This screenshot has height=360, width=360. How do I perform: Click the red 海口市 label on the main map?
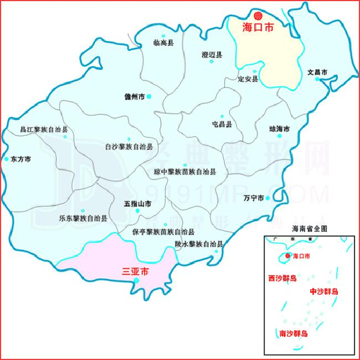pyautogui.click(x=259, y=27)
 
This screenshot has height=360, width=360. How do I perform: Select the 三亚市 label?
pyautogui.click(x=136, y=272)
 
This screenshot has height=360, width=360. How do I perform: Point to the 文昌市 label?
pyautogui.click(x=317, y=72)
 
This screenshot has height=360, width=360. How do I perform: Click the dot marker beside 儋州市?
pyautogui.click(x=149, y=96)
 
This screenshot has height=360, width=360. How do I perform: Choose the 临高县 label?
pyautogui.click(x=163, y=43)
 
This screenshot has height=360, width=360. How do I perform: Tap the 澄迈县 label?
pyautogui.click(x=212, y=55)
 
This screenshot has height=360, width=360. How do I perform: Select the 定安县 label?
pyautogui.click(x=248, y=79)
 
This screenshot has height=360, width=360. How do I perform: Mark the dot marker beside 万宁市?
pyautogui.click(x=268, y=198)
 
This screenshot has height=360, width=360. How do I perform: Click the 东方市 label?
pyautogui.click(x=21, y=159)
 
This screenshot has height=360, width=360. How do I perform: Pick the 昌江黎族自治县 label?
pyautogui.click(x=44, y=130)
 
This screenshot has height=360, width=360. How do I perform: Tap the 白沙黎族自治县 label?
pyautogui.click(x=129, y=147)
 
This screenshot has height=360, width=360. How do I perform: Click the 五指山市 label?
pyautogui.click(x=137, y=204)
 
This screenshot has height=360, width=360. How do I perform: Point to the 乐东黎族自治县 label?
pyautogui.click(x=83, y=218)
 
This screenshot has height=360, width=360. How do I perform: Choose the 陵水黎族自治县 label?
pyautogui.click(x=199, y=244)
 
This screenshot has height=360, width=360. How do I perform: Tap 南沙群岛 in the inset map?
pyautogui.click(x=294, y=335)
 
